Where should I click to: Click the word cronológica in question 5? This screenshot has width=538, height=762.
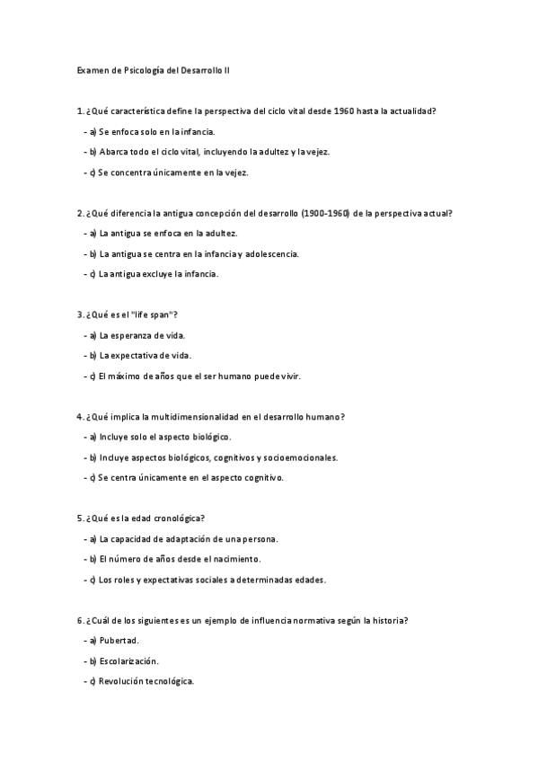pyautogui.click(x=181, y=518)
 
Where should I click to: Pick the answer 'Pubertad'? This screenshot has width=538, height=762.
pyautogui.click(x=120, y=641)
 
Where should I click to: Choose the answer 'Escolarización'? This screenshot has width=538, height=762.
pyautogui.click(x=130, y=660)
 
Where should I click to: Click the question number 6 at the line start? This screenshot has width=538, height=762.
pyautogui.click(x=79, y=620)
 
